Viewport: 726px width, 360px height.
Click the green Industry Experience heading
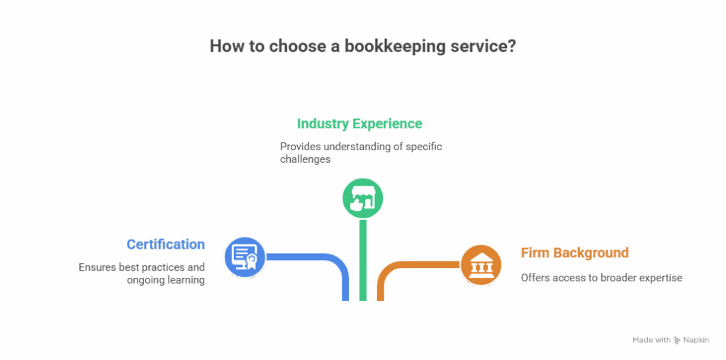click(359, 124)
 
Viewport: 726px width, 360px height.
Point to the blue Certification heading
click(166, 244)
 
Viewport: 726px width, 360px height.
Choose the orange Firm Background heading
click(575, 253)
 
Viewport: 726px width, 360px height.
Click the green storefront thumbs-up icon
click(362, 197)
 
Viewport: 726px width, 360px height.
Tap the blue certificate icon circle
click(245, 257)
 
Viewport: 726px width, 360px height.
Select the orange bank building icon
click(481, 265)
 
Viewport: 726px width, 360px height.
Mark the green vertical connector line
click(362, 262)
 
